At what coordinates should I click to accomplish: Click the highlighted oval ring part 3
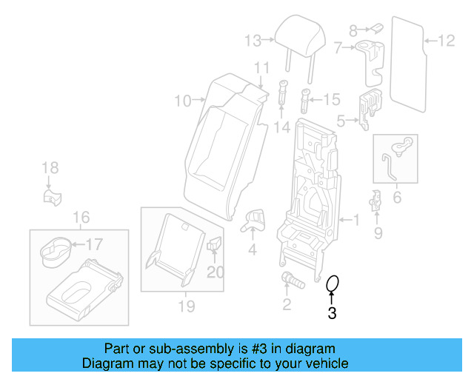click(x=333, y=284)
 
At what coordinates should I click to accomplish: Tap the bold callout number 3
click(x=332, y=314)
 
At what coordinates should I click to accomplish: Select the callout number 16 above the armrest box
click(x=81, y=217)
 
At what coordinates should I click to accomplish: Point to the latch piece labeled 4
click(x=254, y=218)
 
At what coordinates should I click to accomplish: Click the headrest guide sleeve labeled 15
click(x=306, y=98)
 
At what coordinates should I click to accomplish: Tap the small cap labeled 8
click(x=375, y=28)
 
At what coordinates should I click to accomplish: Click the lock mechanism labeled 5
click(x=367, y=107)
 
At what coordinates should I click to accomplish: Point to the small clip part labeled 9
click(x=376, y=201)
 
